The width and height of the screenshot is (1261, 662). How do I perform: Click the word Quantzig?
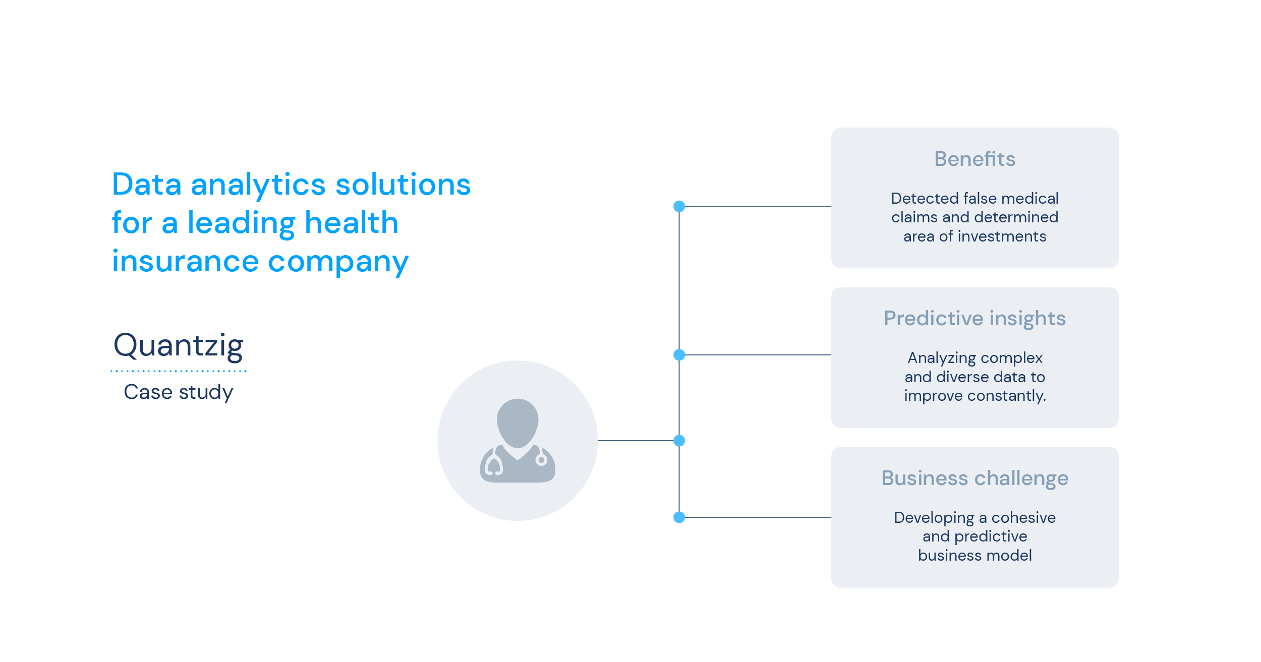pos(179,346)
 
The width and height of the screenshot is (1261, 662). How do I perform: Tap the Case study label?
pos(179,392)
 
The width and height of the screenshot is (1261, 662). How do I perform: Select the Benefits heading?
pos(975,159)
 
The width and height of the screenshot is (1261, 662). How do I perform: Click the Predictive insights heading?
pos(975,319)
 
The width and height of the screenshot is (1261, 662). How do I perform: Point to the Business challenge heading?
pos(975,478)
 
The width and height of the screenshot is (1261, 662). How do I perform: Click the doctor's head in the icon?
pos(518,423)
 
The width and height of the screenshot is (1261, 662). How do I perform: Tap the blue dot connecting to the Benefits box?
pos(679,206)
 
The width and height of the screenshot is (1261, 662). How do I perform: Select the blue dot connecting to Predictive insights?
pos(679,355)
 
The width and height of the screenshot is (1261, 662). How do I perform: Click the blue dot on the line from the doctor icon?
pos(679,441)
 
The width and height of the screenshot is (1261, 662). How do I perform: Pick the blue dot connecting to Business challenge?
pos(679,517)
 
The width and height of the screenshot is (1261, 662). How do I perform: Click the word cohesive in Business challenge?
pos(1023,517)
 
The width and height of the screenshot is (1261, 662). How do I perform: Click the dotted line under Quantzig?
pos(179,371)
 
